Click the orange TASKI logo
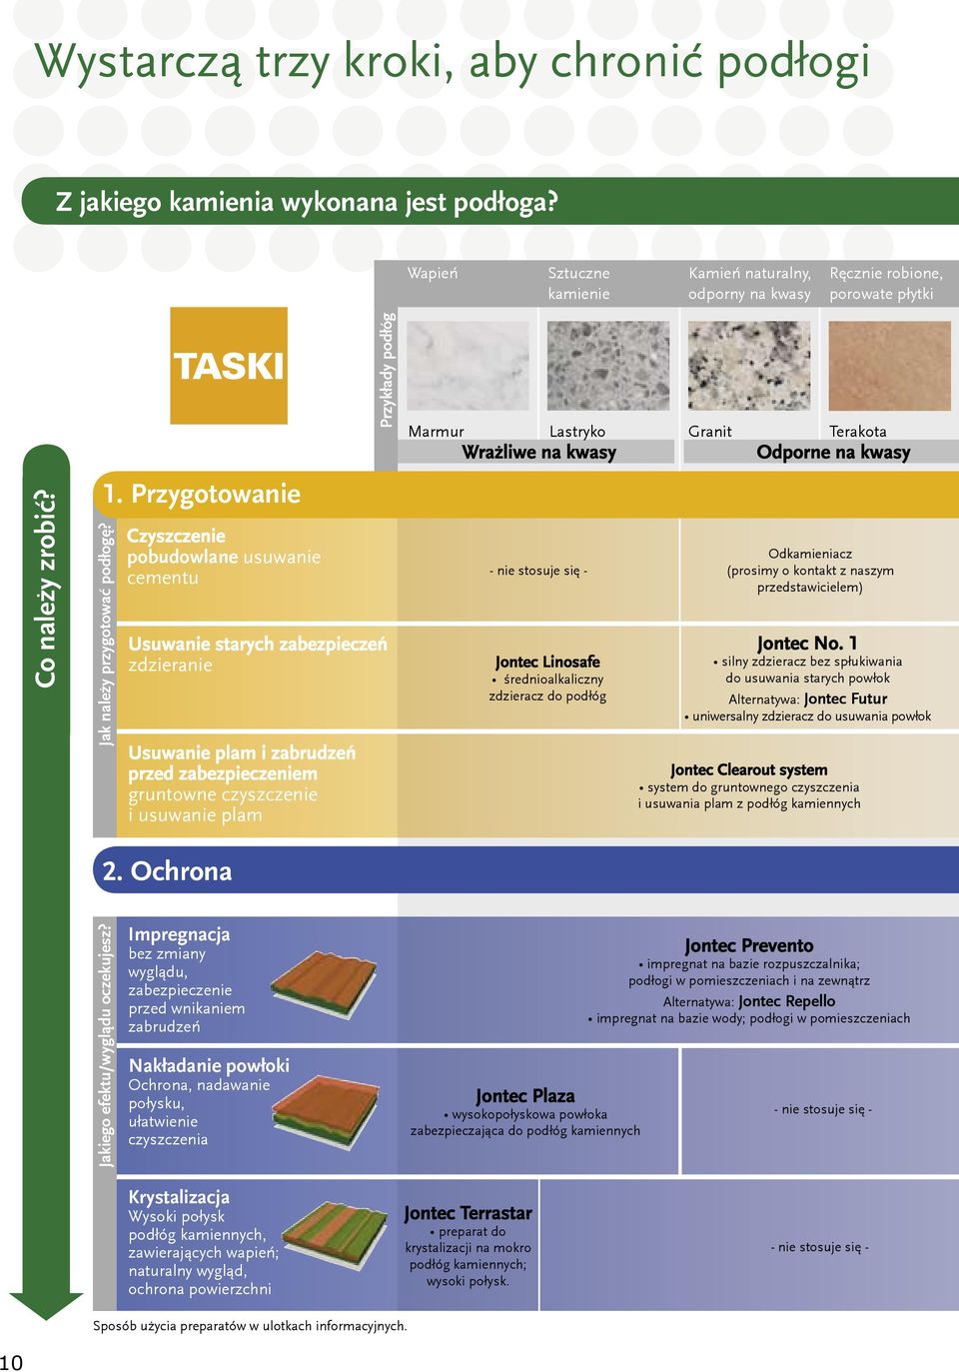pos(229,365)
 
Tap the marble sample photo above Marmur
pos(468,366)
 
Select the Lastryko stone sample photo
pos(608,366)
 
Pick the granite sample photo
pos(749,366)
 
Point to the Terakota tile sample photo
pos(890,366)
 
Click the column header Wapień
pos(433,273)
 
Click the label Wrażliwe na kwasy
pos(538,452)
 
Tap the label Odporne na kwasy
pos(833,452)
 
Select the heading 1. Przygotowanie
pos(202,494)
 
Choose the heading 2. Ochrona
pos(167,870)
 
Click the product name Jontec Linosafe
pos(547,662)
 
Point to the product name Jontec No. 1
pos(807,644)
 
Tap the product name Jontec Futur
pos(846,698)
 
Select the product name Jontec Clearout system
pos(748,769)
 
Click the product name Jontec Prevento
pos(749,945)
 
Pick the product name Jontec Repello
pos(787,1001)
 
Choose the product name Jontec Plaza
pos(524,1096)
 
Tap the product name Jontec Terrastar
pos(468,1213)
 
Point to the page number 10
pos(12,1362)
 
